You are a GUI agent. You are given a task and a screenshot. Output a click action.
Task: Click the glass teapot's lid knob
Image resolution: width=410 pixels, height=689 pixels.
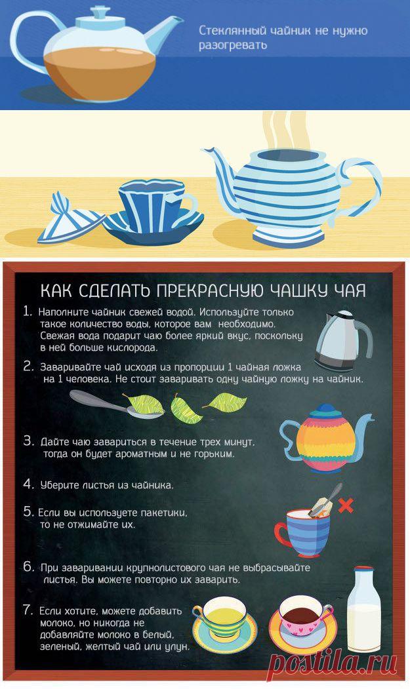[x=100, y=12]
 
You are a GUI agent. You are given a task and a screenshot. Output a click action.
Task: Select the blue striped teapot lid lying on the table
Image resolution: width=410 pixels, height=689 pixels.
[x=70, y=220]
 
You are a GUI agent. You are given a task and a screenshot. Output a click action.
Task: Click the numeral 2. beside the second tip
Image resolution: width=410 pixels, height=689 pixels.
[x=29, y=366]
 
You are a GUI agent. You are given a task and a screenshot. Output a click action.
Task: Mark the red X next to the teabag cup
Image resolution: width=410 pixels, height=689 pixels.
[x=346, y=505]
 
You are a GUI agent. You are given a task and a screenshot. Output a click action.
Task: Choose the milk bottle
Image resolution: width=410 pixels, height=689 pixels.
[x=364, y=610]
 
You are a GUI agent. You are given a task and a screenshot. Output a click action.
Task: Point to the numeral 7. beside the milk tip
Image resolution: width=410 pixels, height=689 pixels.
[x=29, y=610]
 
